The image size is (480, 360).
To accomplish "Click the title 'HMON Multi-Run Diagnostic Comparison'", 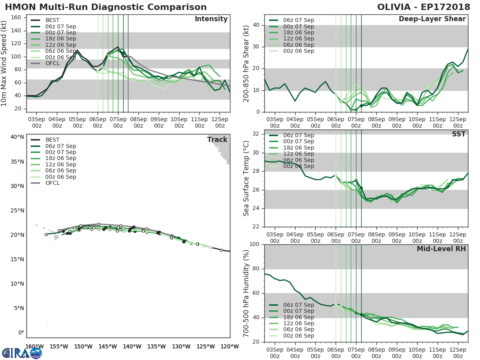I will pos(106,7).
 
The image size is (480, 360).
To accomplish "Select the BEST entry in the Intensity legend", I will pos(52,20).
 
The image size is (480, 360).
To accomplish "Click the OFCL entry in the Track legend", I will pos(52,183).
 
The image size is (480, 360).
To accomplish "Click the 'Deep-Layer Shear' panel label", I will pos(432,19).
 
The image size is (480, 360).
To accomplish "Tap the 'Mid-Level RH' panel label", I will pos(441,249).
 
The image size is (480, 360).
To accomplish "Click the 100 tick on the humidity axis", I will pos(255,244).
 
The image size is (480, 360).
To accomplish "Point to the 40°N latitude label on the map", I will pos(17,137).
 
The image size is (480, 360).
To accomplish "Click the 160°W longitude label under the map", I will pos(35,347).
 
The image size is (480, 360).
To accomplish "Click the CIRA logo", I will pos(22,353).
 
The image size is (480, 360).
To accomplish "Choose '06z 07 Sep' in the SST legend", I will pos(298,135).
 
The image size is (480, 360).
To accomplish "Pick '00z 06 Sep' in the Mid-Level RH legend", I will pos(298,336).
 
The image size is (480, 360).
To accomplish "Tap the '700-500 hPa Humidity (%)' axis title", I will pos(246,293).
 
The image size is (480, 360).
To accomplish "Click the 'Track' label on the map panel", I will pos(217,140).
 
